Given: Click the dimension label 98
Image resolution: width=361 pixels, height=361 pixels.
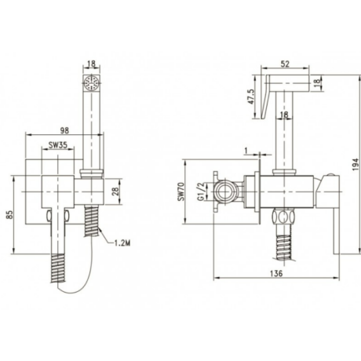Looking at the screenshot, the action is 64,130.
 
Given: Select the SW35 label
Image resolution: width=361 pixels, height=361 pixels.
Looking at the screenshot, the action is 58,145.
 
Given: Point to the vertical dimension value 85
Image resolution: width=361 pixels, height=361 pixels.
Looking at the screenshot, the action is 9,215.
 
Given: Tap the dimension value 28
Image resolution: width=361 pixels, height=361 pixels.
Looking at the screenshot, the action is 116,191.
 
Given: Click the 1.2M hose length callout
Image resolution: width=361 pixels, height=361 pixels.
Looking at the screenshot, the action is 122,243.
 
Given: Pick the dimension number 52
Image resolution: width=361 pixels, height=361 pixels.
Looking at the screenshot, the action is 285,64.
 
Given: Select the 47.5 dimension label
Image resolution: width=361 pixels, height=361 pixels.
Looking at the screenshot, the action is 250,97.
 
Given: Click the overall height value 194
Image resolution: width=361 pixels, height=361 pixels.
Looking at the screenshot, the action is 356,164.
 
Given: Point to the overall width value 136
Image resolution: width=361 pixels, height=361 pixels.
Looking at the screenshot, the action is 276,273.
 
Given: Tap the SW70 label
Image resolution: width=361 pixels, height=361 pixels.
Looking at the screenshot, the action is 180,191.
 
